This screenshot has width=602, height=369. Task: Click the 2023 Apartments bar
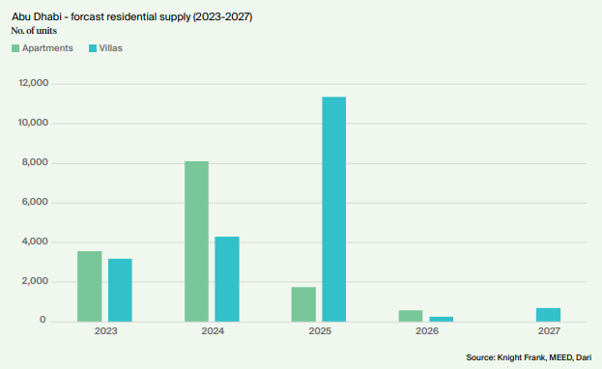click(90, 287)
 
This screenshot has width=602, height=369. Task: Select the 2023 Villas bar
click(120, 291)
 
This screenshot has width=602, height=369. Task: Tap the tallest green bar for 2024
click(196, 241)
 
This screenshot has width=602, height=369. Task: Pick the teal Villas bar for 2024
click(227, 279)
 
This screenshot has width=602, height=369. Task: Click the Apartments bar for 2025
click(303, 304)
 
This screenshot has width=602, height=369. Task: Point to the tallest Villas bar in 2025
click(334, 210)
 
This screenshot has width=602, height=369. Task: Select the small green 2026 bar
click(411, 316)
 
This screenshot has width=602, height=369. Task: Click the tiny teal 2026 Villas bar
click(442, 319)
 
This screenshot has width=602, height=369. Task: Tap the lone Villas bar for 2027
click(548, 315)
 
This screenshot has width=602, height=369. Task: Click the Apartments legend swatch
click(15, 48)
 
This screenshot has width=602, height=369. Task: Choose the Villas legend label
click(110, 48)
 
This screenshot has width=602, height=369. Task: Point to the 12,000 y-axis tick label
click(34, 83)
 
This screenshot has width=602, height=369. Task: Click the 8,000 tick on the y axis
click(35, 162)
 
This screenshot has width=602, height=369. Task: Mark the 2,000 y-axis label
click(35, 281)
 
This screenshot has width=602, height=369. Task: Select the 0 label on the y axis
click(43, 320)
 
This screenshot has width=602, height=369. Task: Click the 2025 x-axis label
click(320, 331)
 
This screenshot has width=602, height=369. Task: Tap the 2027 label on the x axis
click(549, 331)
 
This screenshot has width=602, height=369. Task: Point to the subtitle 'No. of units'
click(34, 31)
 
